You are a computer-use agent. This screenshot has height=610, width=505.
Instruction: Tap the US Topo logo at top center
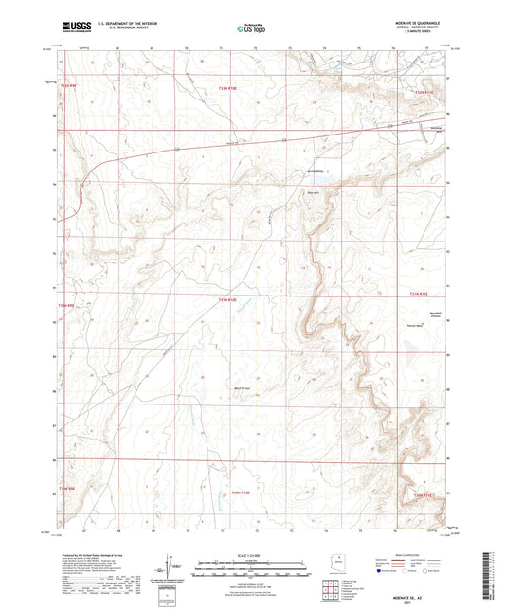tap(251, 28)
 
